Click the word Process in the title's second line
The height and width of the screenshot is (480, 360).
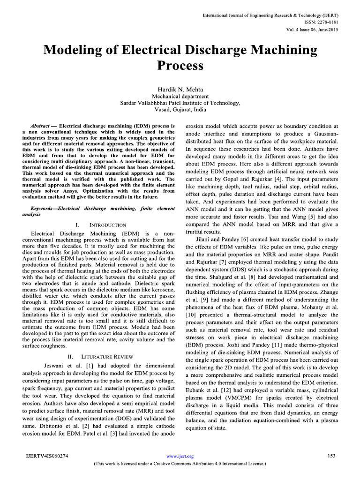click(x=180, y=65)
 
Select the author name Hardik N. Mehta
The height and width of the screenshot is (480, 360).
click(x=180, y=89)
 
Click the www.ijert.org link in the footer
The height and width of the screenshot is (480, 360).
click(x=180, y=456)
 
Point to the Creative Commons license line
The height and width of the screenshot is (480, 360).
click(x=180, y=463)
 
